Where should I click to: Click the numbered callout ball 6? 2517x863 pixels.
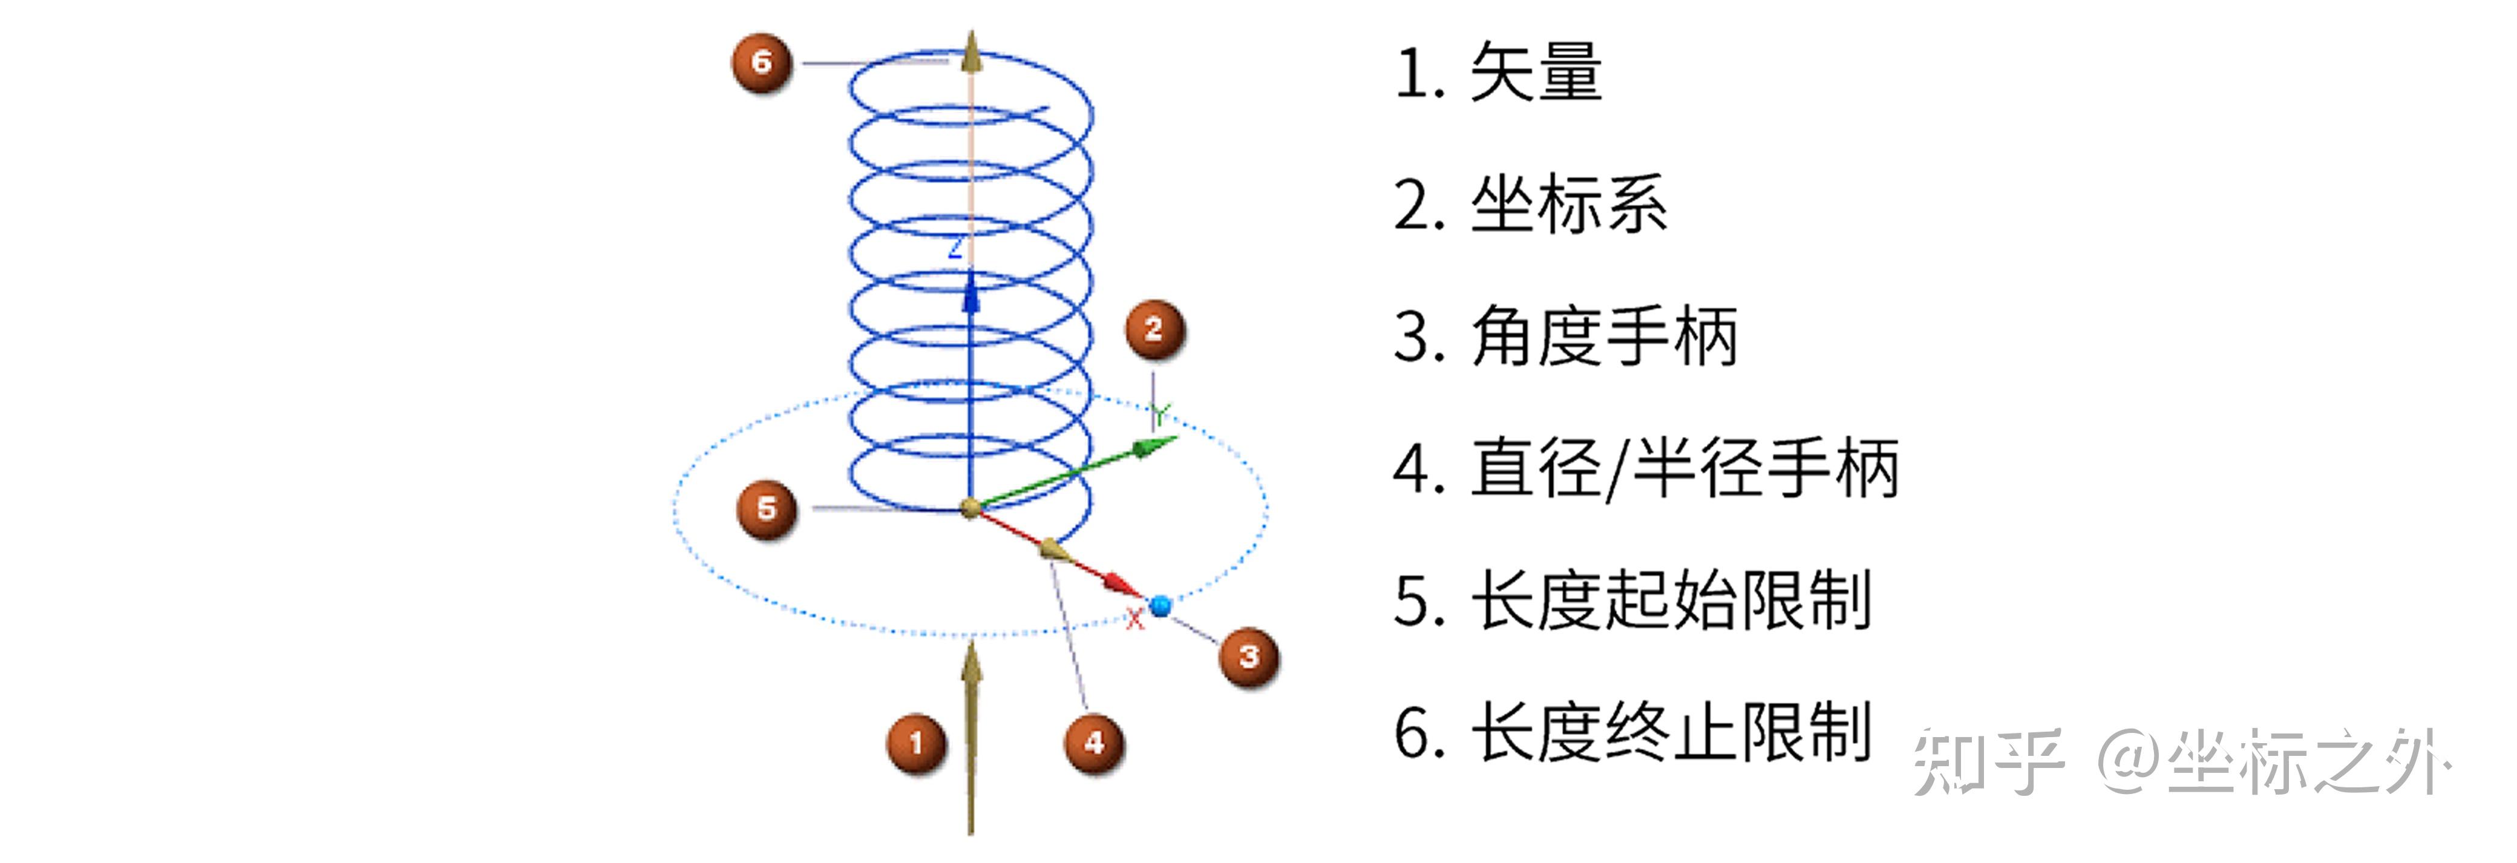point(761,62)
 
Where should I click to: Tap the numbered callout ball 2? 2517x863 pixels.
point(1154,329)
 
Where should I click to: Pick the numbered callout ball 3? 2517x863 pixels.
point(1249,657)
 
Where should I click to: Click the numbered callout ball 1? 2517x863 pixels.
point(915,743)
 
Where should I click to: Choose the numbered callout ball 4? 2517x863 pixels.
point(1093,743)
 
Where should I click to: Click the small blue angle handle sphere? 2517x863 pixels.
point(1160,606)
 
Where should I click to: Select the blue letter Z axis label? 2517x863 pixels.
point(955,248)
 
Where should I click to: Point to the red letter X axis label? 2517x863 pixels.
point(1133,619)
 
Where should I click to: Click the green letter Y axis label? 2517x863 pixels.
point(1159,413)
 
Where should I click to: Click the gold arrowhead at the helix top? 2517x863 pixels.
point(970,54)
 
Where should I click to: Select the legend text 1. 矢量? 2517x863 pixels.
point(1498,73)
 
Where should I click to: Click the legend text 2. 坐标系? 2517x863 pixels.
point(1530,205)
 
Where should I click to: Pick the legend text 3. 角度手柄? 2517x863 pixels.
point(1565,336)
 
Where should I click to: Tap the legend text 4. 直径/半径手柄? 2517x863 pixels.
point(1646,468)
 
